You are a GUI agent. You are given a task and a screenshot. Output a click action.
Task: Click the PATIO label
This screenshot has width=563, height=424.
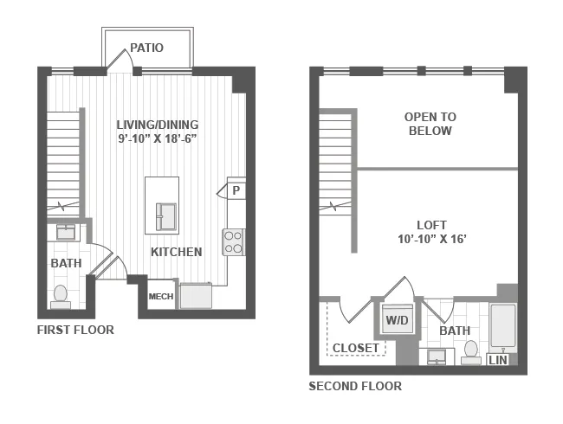coord(146,48)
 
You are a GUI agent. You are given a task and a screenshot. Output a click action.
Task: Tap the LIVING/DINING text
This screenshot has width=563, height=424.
coord(159,124)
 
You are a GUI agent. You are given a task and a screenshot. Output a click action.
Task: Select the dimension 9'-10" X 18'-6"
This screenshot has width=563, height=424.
coord(159,138)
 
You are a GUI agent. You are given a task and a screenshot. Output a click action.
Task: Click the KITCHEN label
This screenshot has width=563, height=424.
coord(177,252)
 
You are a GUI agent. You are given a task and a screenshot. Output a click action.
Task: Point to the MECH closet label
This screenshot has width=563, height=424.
coord(161,297)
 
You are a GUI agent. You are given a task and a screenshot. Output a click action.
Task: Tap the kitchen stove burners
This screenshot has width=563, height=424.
coord(234,241)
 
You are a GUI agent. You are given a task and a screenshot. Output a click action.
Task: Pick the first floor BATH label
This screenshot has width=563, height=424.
coord(65,263)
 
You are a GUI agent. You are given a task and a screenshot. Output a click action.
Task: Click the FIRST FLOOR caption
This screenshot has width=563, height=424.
coord(75,330)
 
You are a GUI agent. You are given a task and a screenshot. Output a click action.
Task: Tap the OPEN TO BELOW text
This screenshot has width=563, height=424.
coord(430,124)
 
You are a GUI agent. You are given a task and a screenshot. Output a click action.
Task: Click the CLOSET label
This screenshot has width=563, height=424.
coord(355,348)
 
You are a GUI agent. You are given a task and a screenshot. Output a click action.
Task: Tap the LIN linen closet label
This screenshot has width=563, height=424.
coord(499,359)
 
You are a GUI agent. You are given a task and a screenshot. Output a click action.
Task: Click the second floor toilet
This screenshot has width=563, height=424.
coord(471,351)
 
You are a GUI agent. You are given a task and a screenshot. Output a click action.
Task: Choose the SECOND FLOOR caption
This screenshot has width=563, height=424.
coord(355,386)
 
